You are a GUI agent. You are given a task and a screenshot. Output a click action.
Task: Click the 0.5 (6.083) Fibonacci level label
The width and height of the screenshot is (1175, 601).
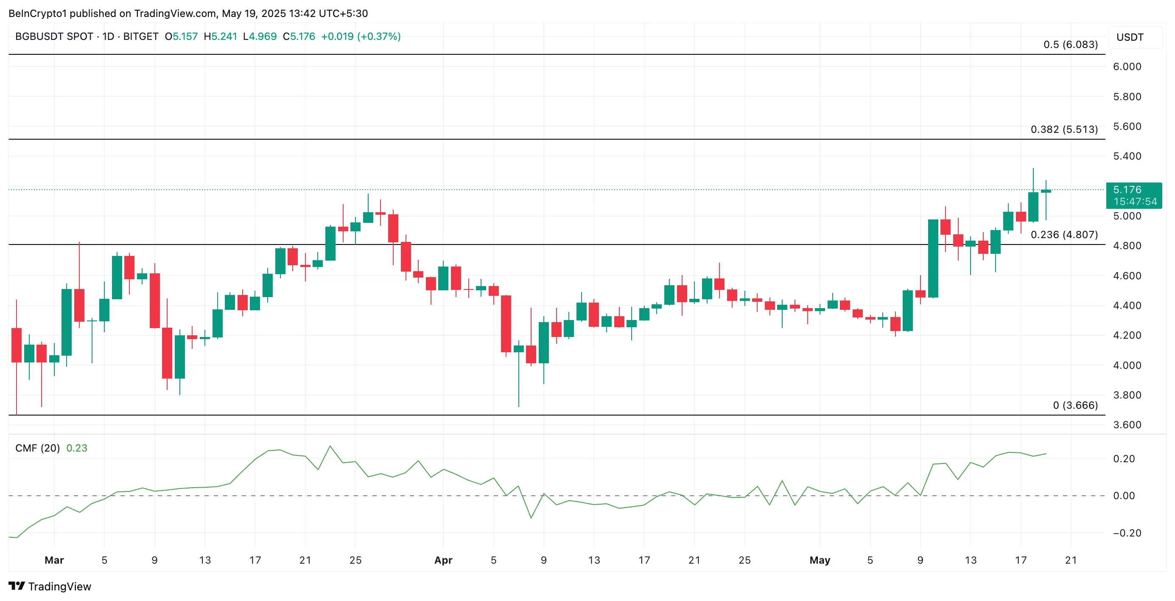point(1070,45)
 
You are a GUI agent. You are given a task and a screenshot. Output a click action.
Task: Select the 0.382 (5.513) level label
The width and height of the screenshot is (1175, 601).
point(1064,129)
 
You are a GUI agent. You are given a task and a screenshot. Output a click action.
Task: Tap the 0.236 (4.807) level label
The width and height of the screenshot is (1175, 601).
point(1064,235)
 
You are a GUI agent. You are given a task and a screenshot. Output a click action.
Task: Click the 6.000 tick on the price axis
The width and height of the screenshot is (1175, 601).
point(1127,67)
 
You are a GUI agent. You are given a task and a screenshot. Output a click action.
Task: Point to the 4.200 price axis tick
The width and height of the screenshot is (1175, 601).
point(1127,335)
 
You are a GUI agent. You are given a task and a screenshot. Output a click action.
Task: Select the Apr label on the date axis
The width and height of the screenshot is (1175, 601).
point(443,560)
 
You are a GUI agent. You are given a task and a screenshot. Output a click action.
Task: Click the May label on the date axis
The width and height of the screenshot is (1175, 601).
point(819,560)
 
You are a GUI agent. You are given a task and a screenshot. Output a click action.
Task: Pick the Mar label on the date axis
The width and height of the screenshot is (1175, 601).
point(54,560)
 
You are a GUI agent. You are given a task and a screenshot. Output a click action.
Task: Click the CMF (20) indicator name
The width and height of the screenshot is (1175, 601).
point(37,448)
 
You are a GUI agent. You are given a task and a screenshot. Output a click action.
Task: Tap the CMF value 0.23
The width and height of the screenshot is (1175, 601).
point(77,448)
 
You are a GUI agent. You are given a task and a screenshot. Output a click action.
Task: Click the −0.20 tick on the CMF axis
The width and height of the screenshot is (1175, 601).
point(1127,533)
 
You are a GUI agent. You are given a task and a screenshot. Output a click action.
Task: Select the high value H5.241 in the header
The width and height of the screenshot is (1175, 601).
point(220,37)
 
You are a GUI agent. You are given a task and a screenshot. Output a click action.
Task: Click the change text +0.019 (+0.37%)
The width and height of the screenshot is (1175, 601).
point(360,37)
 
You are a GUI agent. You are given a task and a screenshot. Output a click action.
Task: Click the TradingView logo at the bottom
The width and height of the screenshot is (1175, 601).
point(50,587)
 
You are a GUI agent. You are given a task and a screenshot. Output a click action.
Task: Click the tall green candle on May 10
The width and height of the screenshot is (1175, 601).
point(933,258)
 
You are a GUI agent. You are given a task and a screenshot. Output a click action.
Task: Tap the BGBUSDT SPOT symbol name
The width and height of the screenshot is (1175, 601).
point(54,37)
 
